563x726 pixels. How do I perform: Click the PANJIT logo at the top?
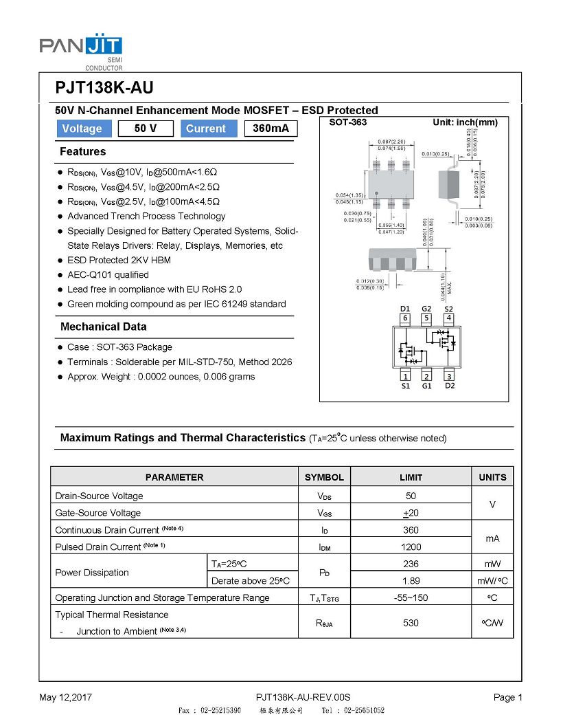(x=81, y=48)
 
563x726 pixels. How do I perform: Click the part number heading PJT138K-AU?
(x=104, y=88)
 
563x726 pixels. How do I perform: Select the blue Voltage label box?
(x=82, y=129)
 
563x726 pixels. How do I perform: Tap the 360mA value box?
(x=271, y=129)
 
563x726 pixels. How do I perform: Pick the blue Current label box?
(x=206, y=129)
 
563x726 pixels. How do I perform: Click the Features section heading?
(x=83, y=151)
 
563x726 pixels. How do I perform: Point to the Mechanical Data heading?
(x=103, y=327)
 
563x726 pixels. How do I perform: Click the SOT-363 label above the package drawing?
(x=348, y=122)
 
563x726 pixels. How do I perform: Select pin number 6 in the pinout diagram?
(x=405, y=318)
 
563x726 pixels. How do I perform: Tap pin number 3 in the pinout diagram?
(x=449, y=375)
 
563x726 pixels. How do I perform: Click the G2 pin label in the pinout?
(x=426, y=309)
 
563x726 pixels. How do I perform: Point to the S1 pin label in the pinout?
(x=405, y=386)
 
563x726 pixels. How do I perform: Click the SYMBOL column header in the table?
(x=324, y=477)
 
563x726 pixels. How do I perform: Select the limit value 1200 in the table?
(x=411, y=547)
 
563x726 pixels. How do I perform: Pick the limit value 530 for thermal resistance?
(x=411, y=623)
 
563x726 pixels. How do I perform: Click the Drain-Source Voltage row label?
(x=100, y=496)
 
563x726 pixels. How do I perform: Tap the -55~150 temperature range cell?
(x=411, y=597)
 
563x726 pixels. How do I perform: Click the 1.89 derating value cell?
(x=411, y=580)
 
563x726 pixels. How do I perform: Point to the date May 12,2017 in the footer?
(x=65, y=697)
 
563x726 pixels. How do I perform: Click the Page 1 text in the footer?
(x=508, y=697)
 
